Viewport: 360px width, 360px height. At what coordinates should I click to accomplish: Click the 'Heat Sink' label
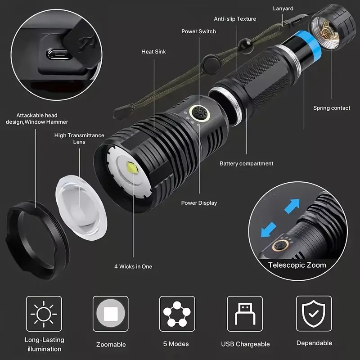[x=153, y=52]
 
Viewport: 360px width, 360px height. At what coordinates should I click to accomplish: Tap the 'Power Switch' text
[x=198, y=31]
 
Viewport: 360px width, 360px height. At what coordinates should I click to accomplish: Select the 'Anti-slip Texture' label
[x=235, y=19]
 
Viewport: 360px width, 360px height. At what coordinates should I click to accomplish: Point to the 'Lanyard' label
[x=283, y=9]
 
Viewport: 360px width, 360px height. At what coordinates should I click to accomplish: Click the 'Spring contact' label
[x=332, y=108]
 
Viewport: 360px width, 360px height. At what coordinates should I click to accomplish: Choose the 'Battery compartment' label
[x=246, y=163]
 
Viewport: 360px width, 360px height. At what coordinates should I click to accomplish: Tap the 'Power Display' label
[x=199, y=203]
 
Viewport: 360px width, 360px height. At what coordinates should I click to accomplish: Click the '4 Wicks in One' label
[x=133, y=266]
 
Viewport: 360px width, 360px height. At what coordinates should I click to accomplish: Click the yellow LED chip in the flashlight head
[x=132, y=168]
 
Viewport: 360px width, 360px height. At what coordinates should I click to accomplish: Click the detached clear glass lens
[x=81, y=208]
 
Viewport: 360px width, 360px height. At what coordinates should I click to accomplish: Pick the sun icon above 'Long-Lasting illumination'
[x=44, y=314]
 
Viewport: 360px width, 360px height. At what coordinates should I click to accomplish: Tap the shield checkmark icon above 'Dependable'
[x=314, y=313]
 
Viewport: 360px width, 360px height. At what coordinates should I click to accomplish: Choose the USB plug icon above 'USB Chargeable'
[x=245, y=313]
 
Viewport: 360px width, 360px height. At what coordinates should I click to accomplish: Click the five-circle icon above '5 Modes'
[x=177, y=314]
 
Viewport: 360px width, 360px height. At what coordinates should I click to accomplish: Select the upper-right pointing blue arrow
[x=292, y=206]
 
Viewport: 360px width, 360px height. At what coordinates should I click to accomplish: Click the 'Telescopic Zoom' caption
[x=297, y=265]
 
